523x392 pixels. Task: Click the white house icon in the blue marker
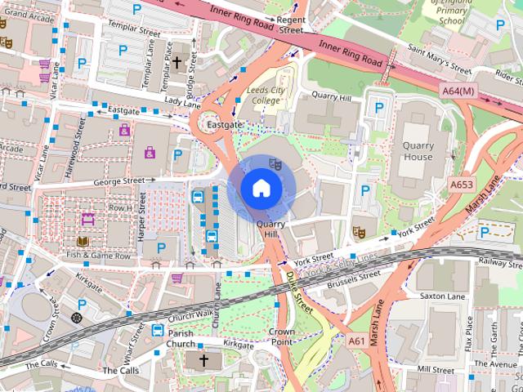[261, 188]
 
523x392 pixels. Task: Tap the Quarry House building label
[418, 151]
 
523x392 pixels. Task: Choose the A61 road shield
[357, 340]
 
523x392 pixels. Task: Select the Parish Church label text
[181, 339]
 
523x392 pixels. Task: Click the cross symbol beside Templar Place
[177, 62]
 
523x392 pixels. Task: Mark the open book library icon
[83, 242]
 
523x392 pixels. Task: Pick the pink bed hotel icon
[88, 218]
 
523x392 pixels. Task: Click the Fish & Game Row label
[98, 256]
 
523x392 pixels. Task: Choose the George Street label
[124, 180]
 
